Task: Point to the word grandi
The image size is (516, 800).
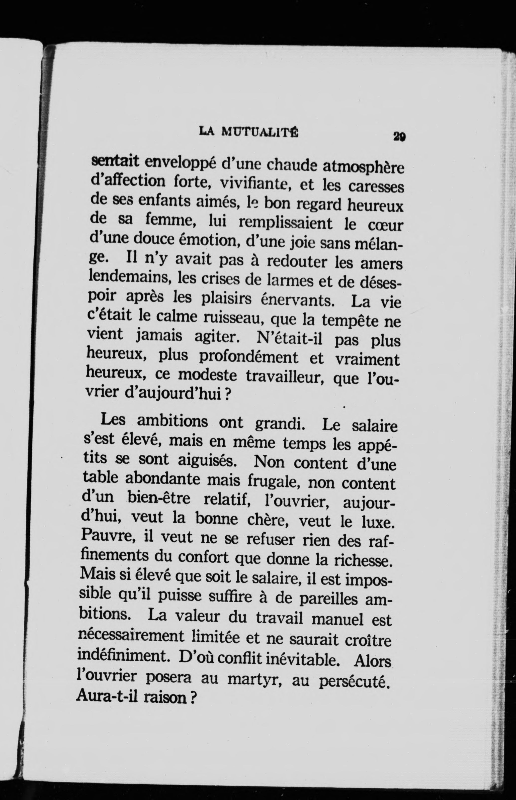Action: pyautogui.click(x=280, y=423)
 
